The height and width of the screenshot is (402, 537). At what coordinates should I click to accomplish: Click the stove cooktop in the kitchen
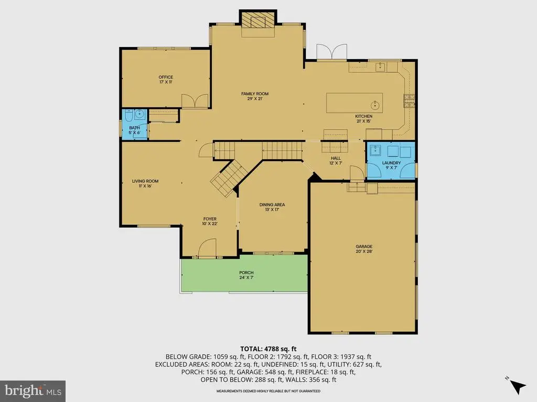click(409, 101)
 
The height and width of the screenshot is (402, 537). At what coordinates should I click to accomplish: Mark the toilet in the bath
click(128, 116)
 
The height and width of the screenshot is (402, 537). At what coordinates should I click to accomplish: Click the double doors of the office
click(195, 101)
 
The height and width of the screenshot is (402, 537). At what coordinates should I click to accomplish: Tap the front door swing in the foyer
click(207, 248)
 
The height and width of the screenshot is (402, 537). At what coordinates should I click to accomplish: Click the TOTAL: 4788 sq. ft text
click(268, 349)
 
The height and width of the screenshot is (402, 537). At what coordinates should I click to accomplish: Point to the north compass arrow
click(518, 387)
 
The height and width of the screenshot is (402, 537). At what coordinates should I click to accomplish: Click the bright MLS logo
click(33, 391)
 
